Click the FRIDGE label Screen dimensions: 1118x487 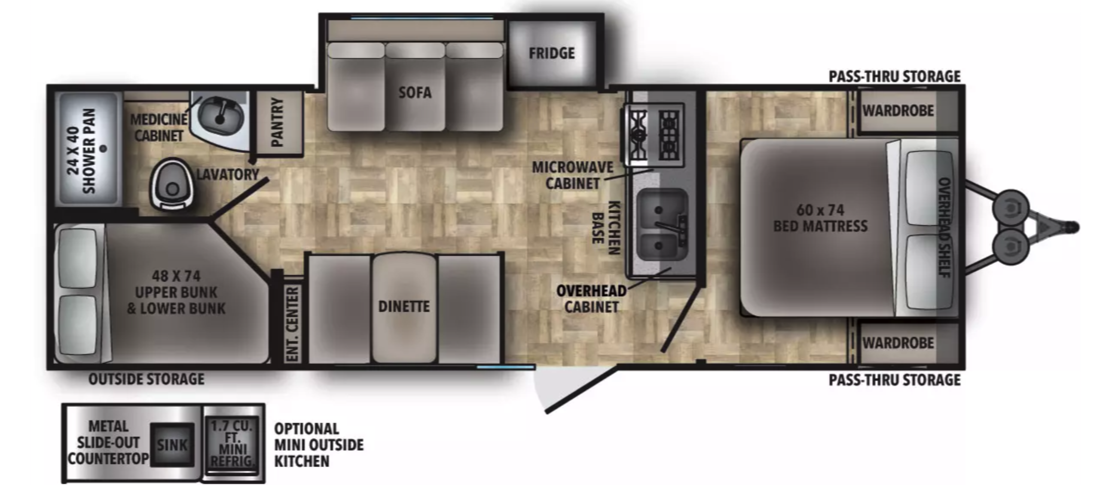552,53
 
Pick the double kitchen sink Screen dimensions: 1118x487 662,226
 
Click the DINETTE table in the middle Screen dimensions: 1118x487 404,308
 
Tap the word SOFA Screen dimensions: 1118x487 415,92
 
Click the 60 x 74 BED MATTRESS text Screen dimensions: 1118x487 820,218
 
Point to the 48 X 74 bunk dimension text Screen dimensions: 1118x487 176,276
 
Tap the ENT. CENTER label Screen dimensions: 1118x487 293,324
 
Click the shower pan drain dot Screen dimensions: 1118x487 103,148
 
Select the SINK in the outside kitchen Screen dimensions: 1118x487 172,445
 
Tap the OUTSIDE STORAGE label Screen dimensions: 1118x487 146,379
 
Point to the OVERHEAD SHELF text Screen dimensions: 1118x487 944,227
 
